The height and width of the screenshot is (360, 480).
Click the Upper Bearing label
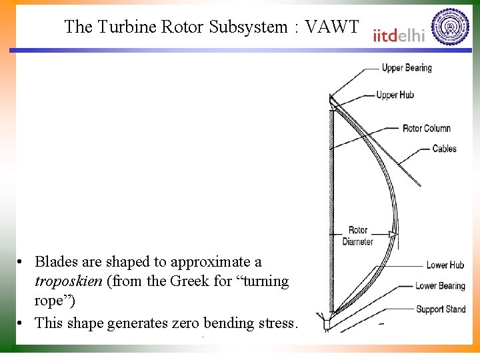coord(406,68)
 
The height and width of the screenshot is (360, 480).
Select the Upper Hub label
coord(395,95)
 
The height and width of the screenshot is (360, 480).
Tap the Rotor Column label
coord(427,128)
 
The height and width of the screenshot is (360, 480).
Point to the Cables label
coord(444,148)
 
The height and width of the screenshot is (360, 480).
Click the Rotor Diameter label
coord(358,236)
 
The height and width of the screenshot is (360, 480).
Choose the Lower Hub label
coord(445,265)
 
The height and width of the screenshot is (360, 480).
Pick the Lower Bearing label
coord(440,286)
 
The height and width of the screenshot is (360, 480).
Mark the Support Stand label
coord(440,309)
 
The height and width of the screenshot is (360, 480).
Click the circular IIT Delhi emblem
coord(450,28)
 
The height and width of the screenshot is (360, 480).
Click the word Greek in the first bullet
coord(169,281)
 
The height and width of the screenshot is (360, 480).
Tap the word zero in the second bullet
coord(204,323)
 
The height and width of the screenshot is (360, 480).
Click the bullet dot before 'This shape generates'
coord(22,324)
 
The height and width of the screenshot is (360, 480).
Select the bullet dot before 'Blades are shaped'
coord(22,262)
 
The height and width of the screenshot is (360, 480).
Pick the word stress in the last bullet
coord(278,323)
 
